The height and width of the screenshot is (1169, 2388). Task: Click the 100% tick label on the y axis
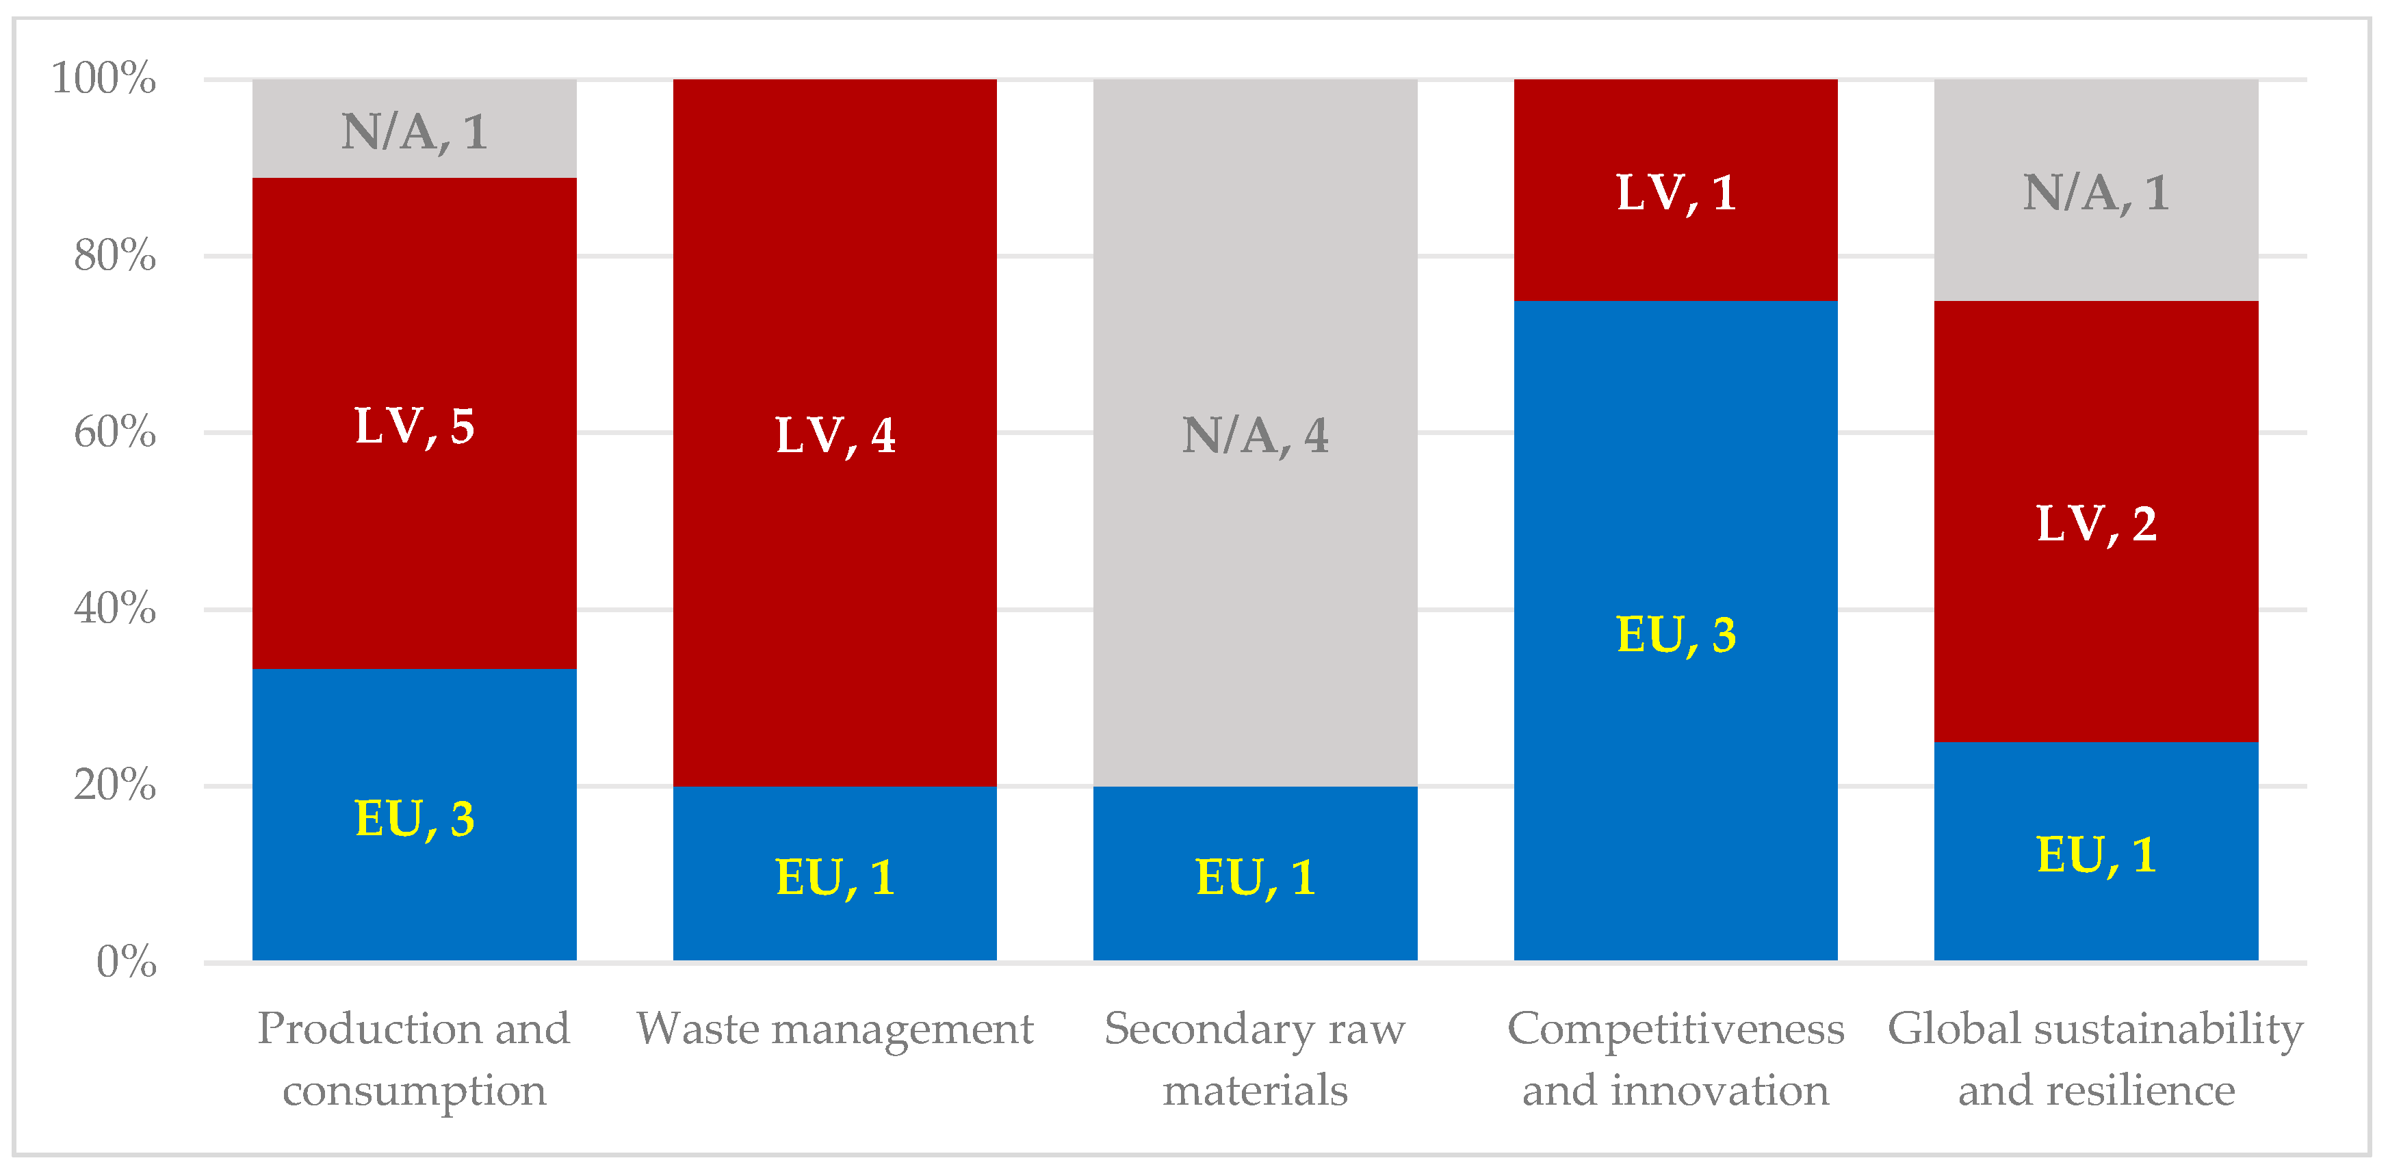pyautogui.click(x=103, y=78)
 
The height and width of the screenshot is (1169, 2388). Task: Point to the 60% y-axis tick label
pyautogui.click(x=114, y=432)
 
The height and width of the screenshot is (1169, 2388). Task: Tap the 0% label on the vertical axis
pyautogui.click(x=126, y=962)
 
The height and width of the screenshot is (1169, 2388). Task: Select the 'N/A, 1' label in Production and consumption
pyautogui.click(x=415, y=131)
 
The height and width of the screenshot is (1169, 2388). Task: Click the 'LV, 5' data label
pyautogui.click(x=415, y=426)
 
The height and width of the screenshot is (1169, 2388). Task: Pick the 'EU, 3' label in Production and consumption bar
pyautogui.click(x=415, y=819)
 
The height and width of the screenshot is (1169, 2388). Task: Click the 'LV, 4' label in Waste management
pyautogui.click(x=834, y=435)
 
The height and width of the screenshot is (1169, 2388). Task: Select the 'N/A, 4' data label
pyautogui.click(x=1254, y=435)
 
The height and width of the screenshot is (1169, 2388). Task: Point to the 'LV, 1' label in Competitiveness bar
pyautogui.click(x=1675, y=193)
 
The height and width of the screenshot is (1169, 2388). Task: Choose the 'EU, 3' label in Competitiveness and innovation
pyautogui.click(x=1675, y=635)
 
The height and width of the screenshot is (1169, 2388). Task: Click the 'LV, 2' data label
pyautogui.click(x=2095, y=524)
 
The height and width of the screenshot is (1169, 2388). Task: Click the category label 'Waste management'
pyautogui.click(x=834, y=1029)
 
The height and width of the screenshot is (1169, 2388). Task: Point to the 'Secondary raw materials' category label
pyautogui.click(x=1254, y=1059)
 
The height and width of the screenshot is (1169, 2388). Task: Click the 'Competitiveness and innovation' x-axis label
pyautogui.click(x=1675, y=1059)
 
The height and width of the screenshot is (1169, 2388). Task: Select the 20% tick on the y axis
pyautogui.click(x=114, y=786)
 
